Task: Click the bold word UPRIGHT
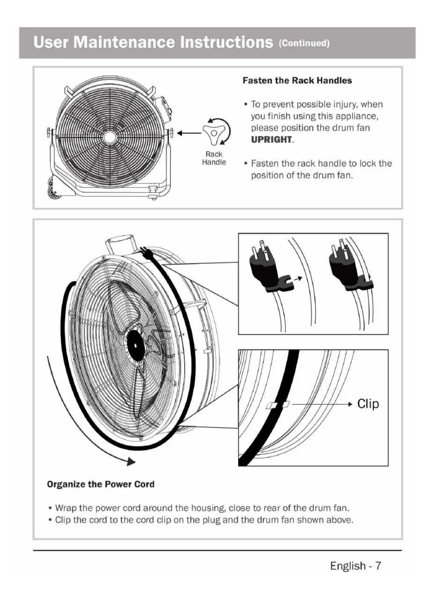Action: [x=271, y=140]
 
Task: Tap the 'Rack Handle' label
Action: [x=214, y=158]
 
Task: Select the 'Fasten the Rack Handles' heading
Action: [x=297, y=81]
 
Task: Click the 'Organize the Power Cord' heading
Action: [x=101, y=484]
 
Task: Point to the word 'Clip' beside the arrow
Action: [x=368, y=404]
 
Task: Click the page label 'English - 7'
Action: [x=355, y=566]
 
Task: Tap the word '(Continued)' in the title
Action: [x=304, y=43]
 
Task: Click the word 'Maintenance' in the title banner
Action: [x=124, y=42]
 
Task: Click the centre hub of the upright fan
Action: [x=110, y=136]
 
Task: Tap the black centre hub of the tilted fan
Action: [x=136, y=345]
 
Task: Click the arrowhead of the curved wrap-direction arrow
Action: [x=131, y=462]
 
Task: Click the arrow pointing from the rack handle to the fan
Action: [x=188, y=134]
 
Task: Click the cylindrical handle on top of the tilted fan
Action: [x=122, y=243]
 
